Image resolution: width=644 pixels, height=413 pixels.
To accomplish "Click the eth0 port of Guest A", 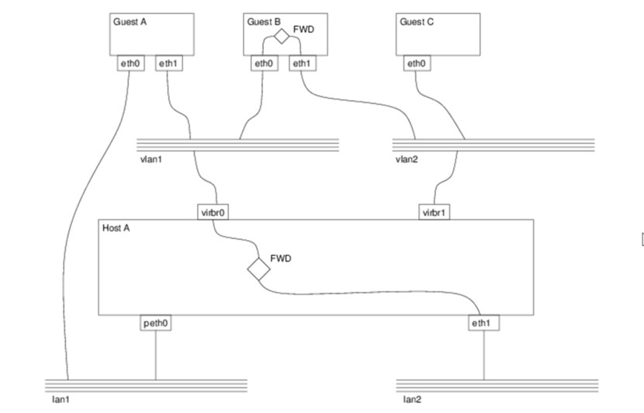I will tap(130, 63).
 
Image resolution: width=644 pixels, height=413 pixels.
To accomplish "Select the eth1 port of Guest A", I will tap(169, 63).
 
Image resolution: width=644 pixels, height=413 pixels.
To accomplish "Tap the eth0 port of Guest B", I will tap(264, 63).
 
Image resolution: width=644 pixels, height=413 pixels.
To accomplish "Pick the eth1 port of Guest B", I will tap(302, 63).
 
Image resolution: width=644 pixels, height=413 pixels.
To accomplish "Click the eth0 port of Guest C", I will tap(416, 63).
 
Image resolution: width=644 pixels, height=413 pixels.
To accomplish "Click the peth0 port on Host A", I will tap(156, 322).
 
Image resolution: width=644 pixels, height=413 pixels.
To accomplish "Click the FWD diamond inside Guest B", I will tap(281, 35).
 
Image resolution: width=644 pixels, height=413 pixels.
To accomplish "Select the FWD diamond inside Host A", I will tap(258, 269).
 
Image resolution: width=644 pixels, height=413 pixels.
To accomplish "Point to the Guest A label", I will tap(130, 22).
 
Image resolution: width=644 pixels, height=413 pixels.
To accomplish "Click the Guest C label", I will tap(417, 22).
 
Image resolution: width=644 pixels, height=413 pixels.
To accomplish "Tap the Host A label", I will tap(116, 228).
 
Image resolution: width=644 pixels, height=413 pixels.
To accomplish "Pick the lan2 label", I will tap(412, 400).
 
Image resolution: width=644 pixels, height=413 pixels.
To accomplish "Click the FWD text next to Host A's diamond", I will tap(280, 258).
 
